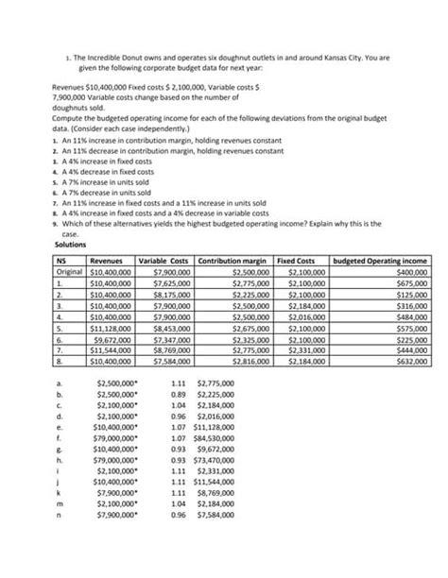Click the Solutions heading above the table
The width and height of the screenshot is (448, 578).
(x=71, y=245)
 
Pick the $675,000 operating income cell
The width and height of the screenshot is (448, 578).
(x=410, y=281)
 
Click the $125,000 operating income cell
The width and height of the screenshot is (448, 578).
(x=410, y=293)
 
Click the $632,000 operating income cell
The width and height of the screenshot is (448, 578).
(x=410, y=360)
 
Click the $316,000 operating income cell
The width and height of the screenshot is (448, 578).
(x=410, y=304)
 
